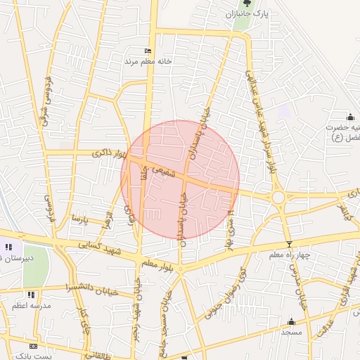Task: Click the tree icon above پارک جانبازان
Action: pos(247,4)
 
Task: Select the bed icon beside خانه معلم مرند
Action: pos(148,51)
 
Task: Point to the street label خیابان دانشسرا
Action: pos(87,288)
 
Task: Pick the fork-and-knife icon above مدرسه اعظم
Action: pos(30,295)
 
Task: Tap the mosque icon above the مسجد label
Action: pos(291,321)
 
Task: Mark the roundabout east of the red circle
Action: pos(279,198)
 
